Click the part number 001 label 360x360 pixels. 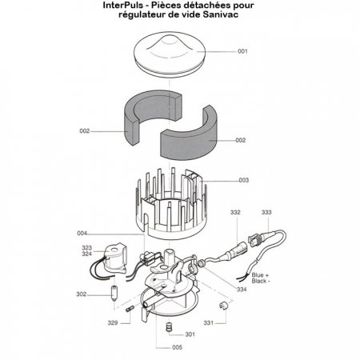(x=242, y=51)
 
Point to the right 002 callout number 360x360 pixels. (x=240, y=140)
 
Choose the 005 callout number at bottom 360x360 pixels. (x=177, y=348)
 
